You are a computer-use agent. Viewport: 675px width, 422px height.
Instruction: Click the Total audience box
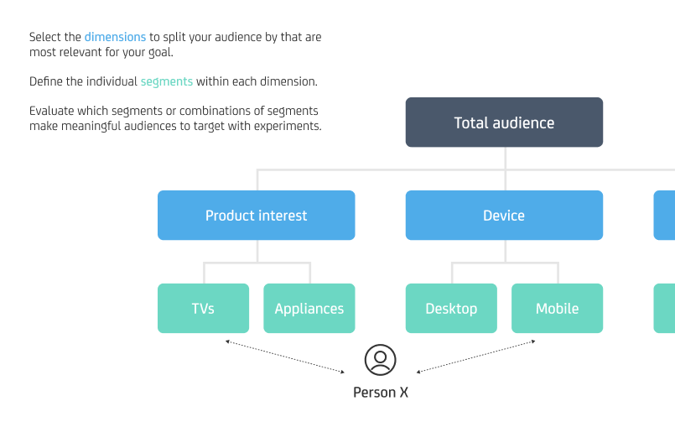tap(504, 122)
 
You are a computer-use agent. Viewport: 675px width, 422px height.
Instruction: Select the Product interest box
tap(256, 216)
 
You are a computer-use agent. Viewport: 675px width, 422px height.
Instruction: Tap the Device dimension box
tap(504, 216)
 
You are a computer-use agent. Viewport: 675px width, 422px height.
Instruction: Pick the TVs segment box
tap(203, 309)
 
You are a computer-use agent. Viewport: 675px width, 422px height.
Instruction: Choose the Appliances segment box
tap(309, 309)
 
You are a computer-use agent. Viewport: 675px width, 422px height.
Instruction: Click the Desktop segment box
tap(451, 309)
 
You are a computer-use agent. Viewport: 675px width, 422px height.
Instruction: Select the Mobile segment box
tap(557, 309)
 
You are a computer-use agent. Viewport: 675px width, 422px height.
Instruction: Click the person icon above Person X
tap(380, 360)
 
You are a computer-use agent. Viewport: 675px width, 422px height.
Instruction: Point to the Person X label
tap(380, 393)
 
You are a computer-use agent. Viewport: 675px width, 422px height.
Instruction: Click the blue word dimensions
tap(115, 38)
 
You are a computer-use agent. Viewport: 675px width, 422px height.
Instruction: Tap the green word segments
tap(166, 82)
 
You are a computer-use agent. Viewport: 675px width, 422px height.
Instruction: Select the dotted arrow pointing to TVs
tap(285, 357)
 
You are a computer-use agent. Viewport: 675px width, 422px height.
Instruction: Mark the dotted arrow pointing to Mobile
tap(476, 357)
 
